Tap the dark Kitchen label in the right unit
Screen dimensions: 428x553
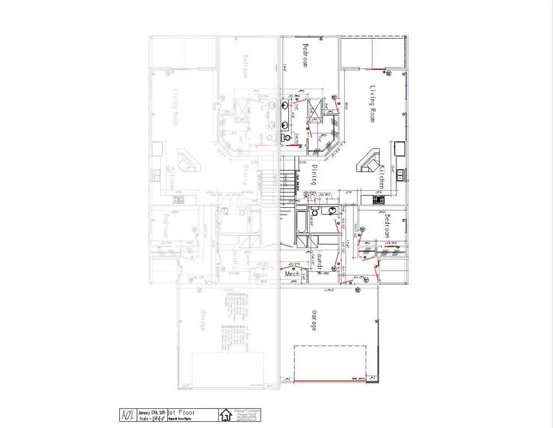tap(382, 176)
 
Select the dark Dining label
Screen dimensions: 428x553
tap(313, 175)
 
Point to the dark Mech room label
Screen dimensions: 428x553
tap(292, 274)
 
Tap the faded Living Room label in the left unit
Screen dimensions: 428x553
tap(176, 108)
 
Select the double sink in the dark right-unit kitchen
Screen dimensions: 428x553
tap(401, 175)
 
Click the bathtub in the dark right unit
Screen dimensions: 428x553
tap(301, 225)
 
